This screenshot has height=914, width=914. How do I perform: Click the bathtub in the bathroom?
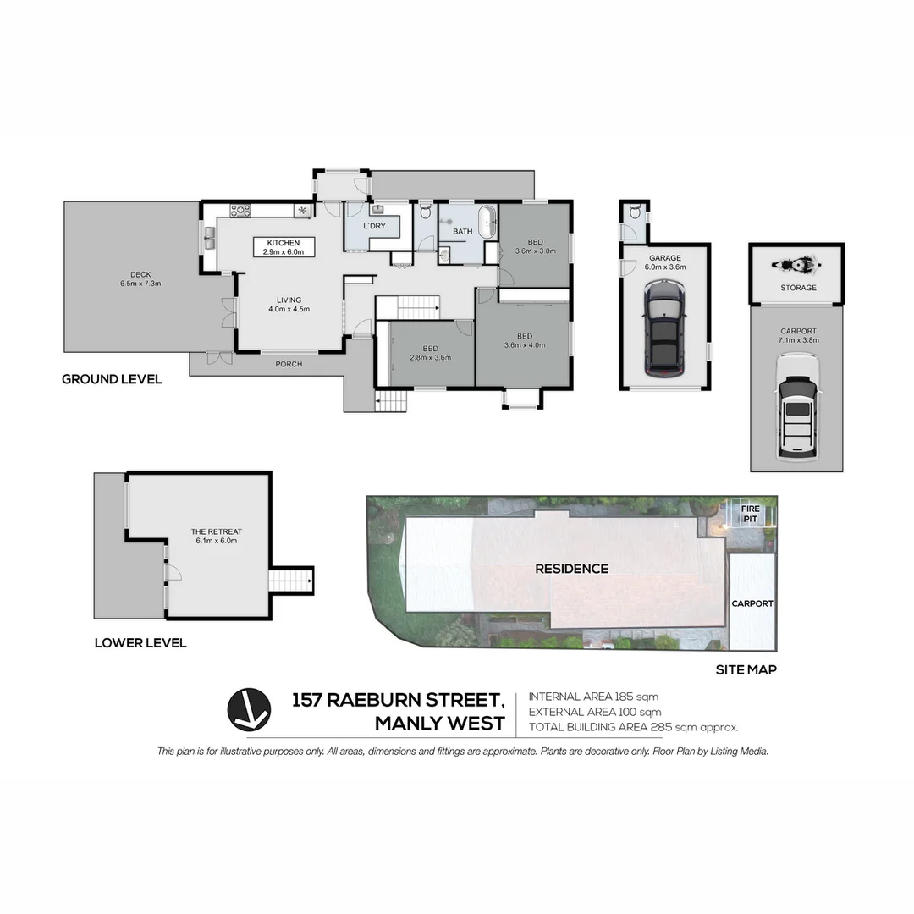485,222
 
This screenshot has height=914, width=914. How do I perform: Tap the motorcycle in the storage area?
796,265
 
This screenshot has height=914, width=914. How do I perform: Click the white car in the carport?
797,406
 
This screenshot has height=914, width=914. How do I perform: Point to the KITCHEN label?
284,243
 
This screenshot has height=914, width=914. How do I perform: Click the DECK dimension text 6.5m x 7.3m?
140,284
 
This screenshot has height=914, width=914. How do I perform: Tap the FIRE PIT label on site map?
752,513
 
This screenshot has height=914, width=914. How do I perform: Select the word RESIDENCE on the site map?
571,569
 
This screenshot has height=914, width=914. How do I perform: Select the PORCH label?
289,364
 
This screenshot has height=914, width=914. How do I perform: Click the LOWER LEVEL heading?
140,643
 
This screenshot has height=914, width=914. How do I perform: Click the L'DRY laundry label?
374,226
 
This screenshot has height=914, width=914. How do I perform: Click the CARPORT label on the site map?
752,603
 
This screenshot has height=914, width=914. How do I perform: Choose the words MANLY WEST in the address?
439,724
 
